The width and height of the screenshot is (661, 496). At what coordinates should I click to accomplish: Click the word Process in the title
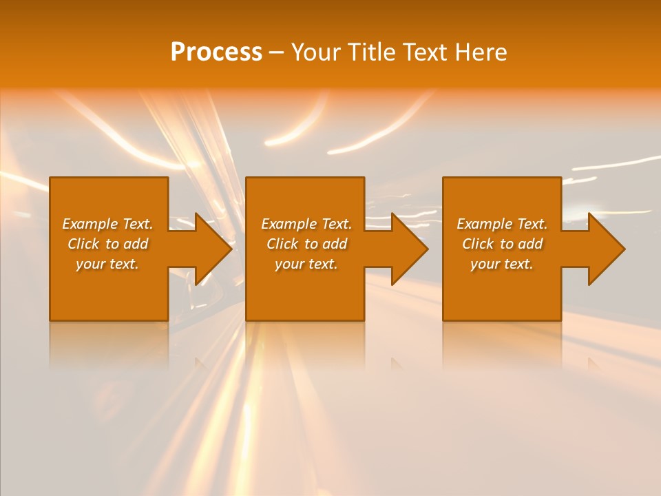(x=216, y=52)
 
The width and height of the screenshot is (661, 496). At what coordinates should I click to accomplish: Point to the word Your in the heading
(x=315, y=52)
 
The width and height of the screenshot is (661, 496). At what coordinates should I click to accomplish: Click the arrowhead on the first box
(x=210, y=249)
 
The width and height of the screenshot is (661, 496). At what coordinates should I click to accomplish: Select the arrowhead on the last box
(x=603, y=249)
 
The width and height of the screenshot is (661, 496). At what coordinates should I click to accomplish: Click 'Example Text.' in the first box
(x=107, y=224)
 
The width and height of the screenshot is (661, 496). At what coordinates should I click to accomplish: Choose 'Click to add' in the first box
(x=107, y=244)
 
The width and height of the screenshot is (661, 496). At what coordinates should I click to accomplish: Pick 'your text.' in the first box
(x=107, y=264)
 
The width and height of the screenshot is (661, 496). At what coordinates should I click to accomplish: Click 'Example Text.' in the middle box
(x=306, y=224)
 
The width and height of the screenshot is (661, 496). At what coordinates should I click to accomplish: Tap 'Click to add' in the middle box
(x=306, y=244)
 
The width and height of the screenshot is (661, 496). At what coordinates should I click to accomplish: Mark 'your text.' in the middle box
(x=306, y=264)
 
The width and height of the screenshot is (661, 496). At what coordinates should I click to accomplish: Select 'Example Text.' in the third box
(x=502, y=224)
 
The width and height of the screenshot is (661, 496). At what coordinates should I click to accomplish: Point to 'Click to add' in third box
(x=502, y=244)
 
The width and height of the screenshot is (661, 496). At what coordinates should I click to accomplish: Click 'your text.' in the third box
(x=502, y=264)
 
